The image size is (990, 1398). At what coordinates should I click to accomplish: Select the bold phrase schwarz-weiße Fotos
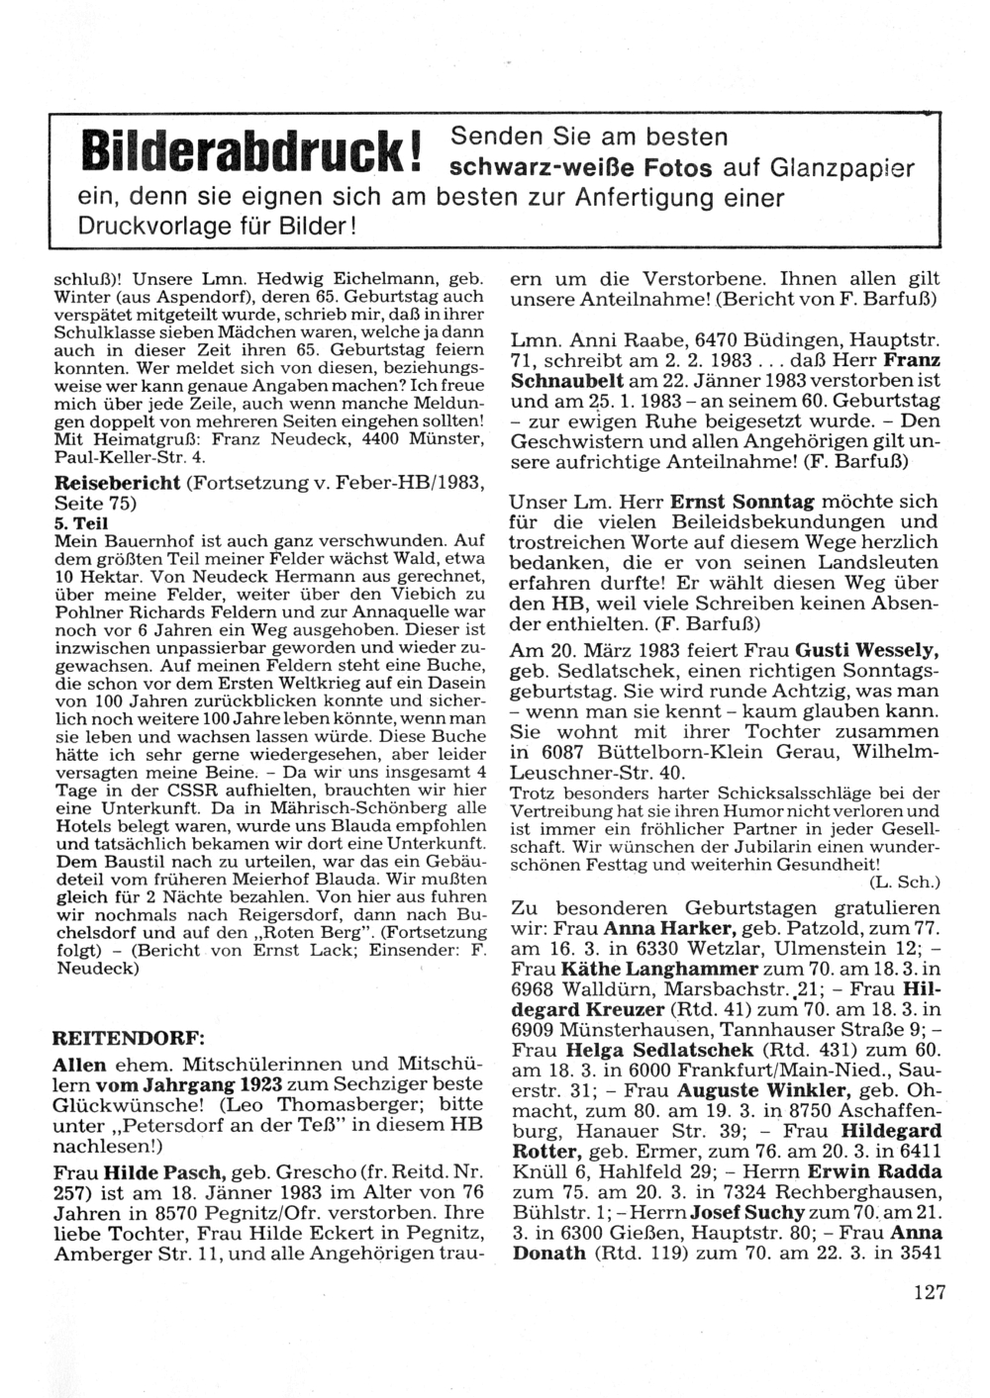[x=580, y=167]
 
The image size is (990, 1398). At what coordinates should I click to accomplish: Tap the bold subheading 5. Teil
[x=77, y=521]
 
